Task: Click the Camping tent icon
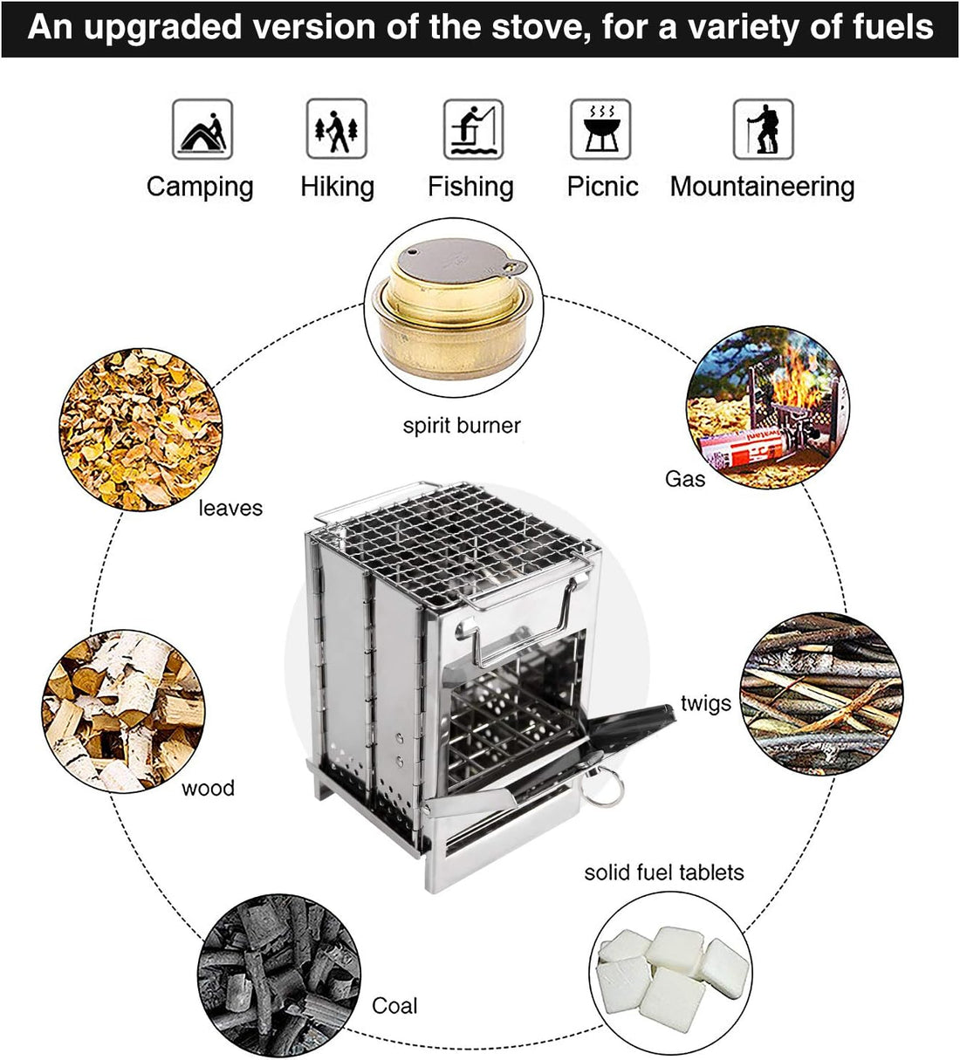pos(202,129)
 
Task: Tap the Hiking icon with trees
pos(337,129)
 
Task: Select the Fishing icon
pos(473,129)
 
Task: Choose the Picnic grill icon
pos(601,129)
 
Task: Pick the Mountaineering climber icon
pos(764,129)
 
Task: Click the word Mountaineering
pos(762,187)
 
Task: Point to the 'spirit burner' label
pos(462,426)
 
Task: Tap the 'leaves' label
pos(230,509)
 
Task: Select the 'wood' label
pos(208,789)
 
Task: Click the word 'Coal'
pos(394,1006)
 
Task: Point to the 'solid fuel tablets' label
pos(664,872)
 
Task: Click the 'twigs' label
pos(706,703)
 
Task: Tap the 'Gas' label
pos(684,479)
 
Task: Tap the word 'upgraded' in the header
pos(163,27)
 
